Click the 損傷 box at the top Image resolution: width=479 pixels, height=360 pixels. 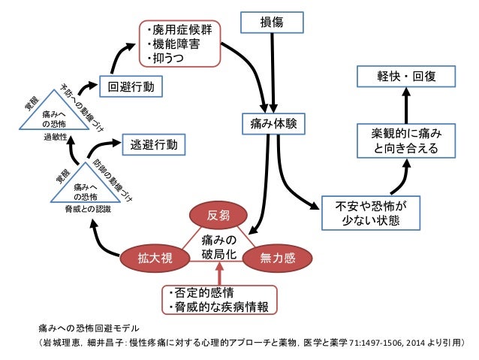[x=271, y=23]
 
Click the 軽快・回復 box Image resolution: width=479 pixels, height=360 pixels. [x=406, y=77]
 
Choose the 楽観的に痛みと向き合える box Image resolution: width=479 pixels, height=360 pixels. [x=406, y=141]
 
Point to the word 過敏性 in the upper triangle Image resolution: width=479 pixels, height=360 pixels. [x=55, y=139]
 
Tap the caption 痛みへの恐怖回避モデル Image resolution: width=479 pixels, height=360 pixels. [x=89, y=328]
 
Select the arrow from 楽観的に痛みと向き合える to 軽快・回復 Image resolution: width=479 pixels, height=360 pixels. [x=406, y=105]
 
